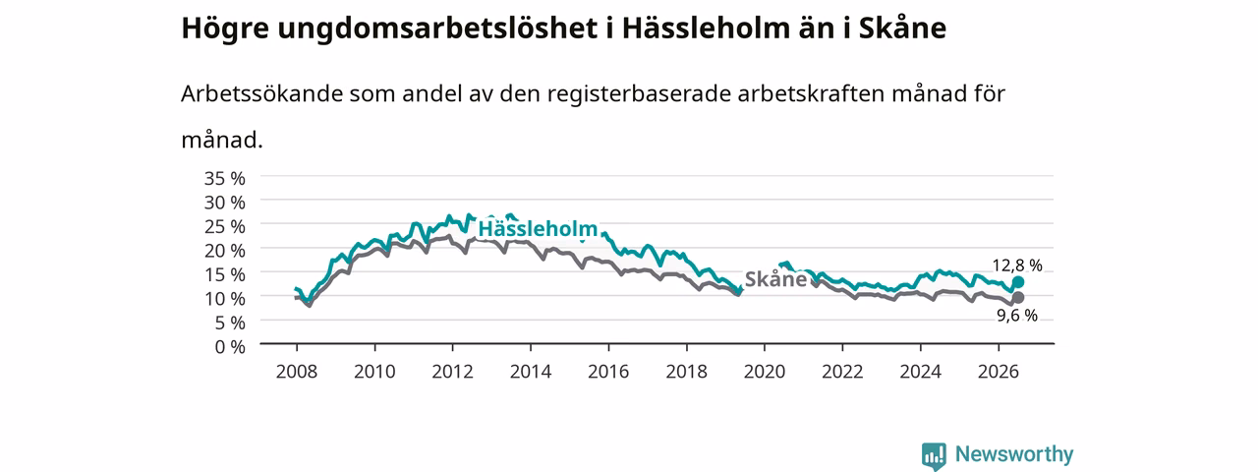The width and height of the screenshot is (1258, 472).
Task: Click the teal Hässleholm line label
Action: (538, 229)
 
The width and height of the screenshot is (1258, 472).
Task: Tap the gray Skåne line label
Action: (775, 278)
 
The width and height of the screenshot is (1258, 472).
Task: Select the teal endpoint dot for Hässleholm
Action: (1017, 282)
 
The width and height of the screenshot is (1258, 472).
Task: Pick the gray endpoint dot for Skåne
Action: (1017, 297)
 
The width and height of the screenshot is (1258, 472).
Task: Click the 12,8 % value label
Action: (1017, 265)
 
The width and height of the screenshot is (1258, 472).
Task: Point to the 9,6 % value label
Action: (1017, 316)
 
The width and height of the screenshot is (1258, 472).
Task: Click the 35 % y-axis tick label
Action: (225, 178)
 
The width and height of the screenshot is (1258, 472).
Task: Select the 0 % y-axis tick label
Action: (230, 347)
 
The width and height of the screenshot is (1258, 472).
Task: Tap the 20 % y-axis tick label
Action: (225, 251)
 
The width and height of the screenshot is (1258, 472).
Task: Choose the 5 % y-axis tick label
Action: (230, 323)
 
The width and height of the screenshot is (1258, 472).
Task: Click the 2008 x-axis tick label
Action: (297, 372)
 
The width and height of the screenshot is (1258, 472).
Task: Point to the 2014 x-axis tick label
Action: (531, 372)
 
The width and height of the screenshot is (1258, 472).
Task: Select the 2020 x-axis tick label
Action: (765, 372)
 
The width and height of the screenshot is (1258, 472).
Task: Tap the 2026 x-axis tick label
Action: (999, 372)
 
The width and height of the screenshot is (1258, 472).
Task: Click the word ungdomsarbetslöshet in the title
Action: (437, 29)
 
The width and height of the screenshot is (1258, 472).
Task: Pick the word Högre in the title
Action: (225, 29)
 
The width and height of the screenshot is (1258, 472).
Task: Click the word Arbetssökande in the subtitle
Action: (261, 93)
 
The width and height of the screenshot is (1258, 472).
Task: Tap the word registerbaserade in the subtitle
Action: (639, 94)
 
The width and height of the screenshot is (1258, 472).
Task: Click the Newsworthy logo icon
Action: (934, 455)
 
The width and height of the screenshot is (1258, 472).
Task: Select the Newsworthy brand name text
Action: (1014, 454)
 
